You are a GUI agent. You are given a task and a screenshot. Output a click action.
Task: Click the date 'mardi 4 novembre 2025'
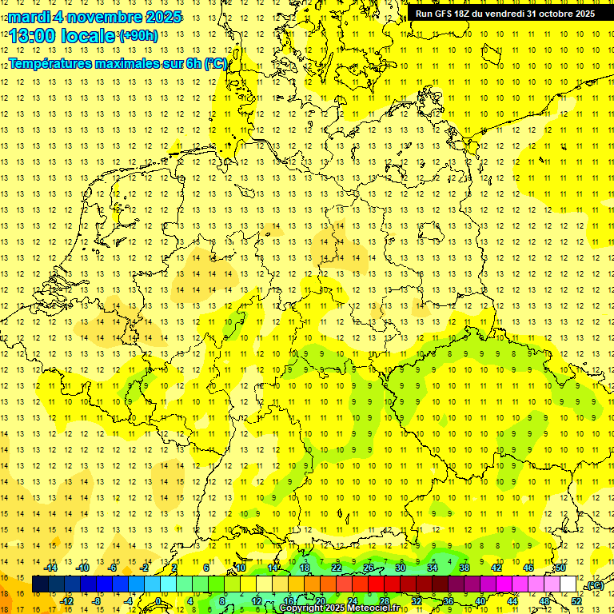point(95,17)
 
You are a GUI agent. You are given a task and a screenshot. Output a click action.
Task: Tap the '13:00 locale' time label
point(62,35)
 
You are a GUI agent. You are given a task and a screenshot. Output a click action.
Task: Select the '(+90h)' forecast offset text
point(138,36)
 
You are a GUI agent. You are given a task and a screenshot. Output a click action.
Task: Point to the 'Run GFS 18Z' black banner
point(504,14)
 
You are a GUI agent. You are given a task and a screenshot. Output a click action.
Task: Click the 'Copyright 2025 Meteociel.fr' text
point(340,608)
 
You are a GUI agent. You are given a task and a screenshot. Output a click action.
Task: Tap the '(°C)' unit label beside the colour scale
point(595,585)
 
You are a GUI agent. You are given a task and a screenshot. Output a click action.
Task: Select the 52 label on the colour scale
point(576,601)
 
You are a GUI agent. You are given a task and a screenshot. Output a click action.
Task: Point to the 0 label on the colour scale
point(159,601)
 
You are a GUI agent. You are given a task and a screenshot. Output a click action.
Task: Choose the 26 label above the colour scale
point(369,568)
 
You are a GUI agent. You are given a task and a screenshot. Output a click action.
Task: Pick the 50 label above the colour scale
point(560,568)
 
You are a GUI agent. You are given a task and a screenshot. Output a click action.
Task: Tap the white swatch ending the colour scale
point(568,584)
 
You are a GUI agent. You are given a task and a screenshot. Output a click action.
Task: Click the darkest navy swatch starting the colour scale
point(40,584)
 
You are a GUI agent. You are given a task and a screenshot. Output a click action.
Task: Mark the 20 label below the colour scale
point(321,601)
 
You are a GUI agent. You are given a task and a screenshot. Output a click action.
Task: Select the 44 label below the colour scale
point(512,601)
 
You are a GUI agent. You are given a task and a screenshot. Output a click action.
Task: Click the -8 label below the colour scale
point(96,601)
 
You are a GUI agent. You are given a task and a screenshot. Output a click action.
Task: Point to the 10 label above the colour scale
point(241,568)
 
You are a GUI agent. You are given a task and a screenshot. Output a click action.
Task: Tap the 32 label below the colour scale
point(417,601)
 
